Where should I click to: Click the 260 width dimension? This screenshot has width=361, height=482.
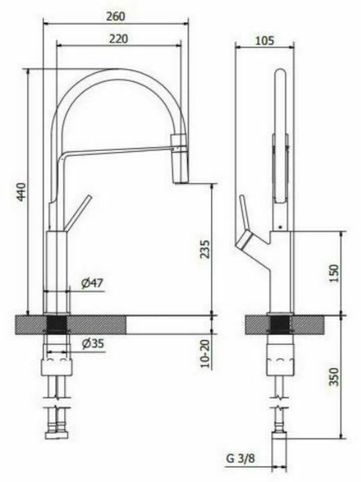(116, 16)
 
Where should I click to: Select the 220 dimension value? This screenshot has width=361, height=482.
(118, 39)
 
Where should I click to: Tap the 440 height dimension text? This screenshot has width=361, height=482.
(21, 192)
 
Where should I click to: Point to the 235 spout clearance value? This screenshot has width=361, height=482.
(205, 249)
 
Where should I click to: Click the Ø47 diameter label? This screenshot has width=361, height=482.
(92, 283)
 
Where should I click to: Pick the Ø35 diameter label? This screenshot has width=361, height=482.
(93, 343)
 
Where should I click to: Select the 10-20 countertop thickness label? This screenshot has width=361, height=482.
(205, 354)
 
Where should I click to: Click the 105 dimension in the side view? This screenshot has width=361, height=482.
(264, 40)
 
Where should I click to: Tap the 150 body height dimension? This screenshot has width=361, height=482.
(334, 274)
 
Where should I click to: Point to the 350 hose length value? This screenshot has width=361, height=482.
(334, 377)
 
